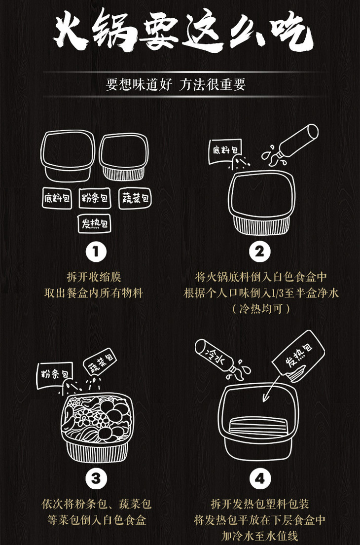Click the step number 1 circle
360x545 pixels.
pyautogui.click(x=96, y=252)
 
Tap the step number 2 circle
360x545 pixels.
pyautogui.click(x=259, y=252)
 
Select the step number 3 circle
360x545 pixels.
pyautogui.click(x=96, y=478)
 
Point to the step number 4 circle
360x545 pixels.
pyautogui.click(x=259, y=478)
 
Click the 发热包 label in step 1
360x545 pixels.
pyautogui.click(x=95, y=223)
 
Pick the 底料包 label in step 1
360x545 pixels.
pyautogui.click(x=57, y=198)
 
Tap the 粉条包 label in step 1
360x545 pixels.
pyautogui.click(x=95, y=198)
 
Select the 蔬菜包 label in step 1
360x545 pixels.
pyautogui.click(x=135, y=198)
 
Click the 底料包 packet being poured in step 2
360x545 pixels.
pyautogui.click(x=225, y=151)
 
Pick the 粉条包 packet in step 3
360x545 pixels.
pyautogui.click(x=55, y=375)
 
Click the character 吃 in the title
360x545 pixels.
pyautogui.click(x=292, y=31)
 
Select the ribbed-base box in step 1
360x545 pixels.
pyautogui.click(x=124, y=157)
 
